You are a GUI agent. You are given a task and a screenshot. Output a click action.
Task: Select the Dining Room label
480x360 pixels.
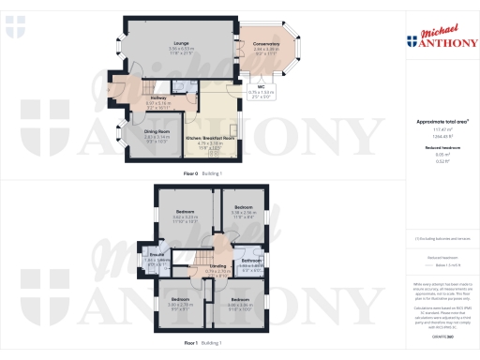(136, 133)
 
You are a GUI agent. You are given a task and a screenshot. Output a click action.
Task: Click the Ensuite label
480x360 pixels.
(153, 255)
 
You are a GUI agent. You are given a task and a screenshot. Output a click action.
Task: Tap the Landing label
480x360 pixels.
(217, 266)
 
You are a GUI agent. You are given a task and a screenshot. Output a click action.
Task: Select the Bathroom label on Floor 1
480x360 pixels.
(249, 259)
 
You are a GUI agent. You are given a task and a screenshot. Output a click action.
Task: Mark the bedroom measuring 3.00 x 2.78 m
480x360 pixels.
(181, 300)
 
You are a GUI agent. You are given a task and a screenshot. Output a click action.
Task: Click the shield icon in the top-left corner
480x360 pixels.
(10, 33)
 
